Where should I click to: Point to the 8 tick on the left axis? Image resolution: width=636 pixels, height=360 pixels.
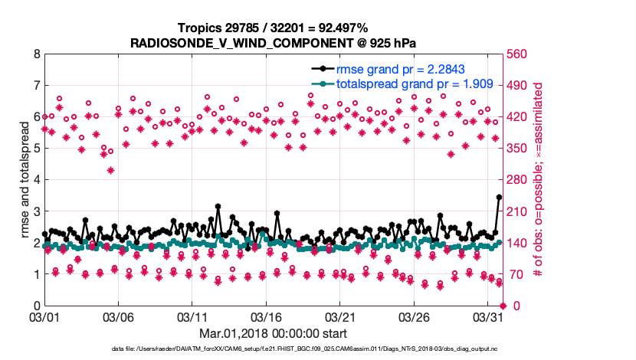36,54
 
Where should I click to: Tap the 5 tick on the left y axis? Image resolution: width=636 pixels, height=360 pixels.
36,149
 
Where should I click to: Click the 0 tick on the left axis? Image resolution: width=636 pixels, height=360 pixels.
36,306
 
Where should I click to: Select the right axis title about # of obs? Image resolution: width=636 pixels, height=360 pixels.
539,180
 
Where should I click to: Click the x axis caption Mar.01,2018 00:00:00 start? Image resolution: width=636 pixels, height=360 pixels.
273,333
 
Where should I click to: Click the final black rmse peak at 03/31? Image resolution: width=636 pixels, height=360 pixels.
499,197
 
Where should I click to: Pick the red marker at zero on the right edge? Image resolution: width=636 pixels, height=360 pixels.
503,306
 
